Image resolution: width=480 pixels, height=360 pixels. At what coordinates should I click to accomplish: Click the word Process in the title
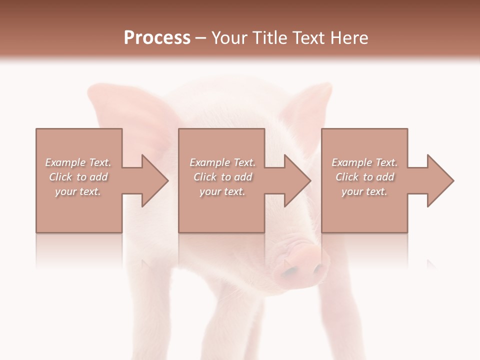click(157, 38)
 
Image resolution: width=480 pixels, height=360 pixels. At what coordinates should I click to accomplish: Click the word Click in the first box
click(60, 177)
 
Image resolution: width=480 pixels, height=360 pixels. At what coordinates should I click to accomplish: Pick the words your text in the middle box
click(222, 191)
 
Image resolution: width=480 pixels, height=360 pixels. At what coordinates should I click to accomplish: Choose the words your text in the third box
click(364, 191)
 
